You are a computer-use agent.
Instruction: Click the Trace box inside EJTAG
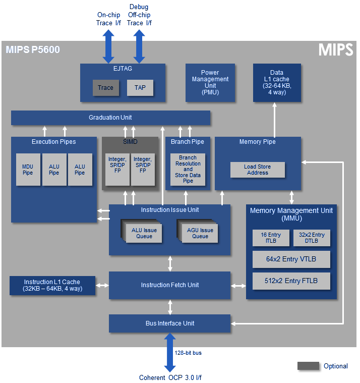105,88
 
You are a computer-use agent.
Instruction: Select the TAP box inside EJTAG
140,88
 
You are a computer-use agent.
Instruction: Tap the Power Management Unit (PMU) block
210,82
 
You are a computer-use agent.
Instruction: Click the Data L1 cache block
276,82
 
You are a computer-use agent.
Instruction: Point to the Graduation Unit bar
110,118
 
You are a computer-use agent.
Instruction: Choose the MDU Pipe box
28,170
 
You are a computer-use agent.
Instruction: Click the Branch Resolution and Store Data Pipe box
188,170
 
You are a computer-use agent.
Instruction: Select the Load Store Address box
258,170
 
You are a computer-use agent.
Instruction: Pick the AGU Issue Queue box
200,233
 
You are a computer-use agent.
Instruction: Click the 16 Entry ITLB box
271,238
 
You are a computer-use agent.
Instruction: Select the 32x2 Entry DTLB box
312,238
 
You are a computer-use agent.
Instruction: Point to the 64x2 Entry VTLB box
291,259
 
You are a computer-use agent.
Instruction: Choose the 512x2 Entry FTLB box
291,281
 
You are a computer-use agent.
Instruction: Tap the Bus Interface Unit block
169,323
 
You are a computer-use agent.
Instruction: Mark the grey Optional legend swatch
308,366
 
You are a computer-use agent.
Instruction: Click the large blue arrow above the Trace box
108,46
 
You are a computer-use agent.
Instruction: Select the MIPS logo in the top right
335,49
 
